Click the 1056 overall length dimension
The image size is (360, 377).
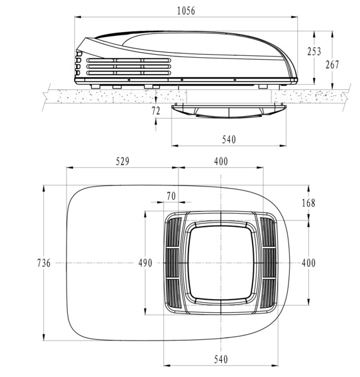[x=186, y=11]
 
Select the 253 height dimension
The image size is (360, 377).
[x=314, y=52]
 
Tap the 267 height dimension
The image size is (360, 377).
[x=333, y=64]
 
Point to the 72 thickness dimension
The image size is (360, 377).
[x=156, y=111]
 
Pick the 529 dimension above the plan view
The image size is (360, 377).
[x=123, y=161]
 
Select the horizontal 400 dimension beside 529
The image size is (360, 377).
[x=221, y=161]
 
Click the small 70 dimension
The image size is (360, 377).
[x=171, y=196]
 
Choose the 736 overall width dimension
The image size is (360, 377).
[x=43, y=263]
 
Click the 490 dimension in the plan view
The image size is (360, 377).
[x=145, y=263]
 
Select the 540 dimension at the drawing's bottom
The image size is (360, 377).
[x=221, y=359]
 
